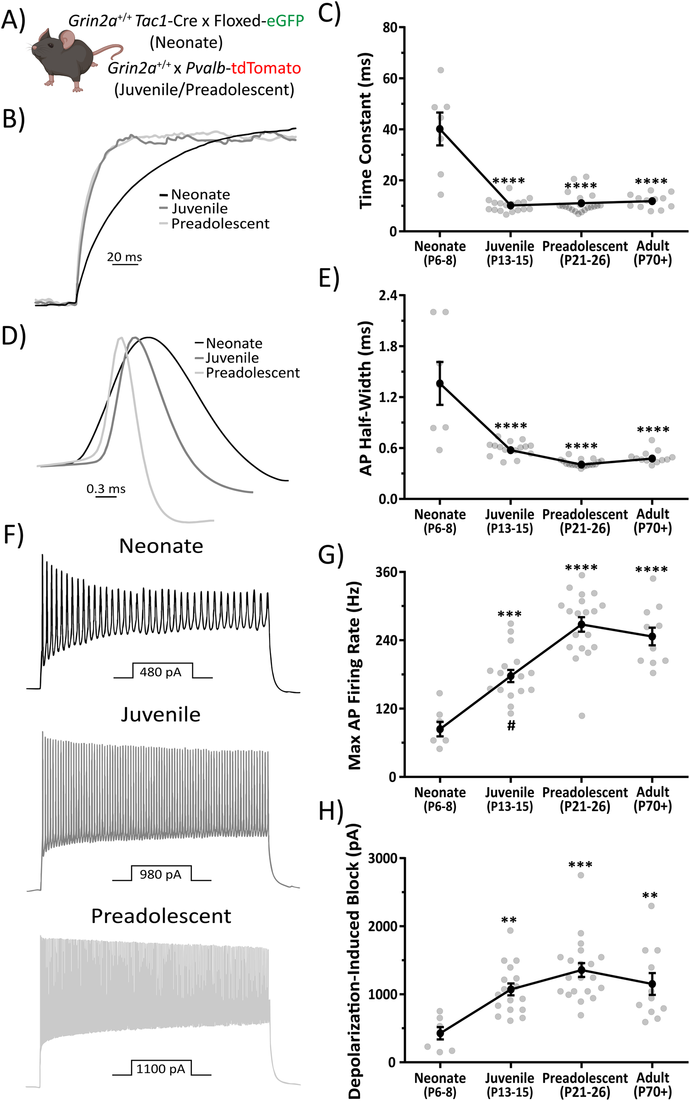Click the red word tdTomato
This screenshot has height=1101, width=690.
point(266,68)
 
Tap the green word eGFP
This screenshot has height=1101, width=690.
point(285,21)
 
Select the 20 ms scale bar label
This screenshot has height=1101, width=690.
point(124,257)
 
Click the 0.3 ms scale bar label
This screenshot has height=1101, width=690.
point(106,489)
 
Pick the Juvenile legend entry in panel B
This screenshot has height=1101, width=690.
point(199,209)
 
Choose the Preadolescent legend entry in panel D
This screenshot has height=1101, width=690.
point(252,373)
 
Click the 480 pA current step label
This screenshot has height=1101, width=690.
point(161,672)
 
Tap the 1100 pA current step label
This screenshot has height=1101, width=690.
point(161,1068)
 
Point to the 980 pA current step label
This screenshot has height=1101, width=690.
point(161,874)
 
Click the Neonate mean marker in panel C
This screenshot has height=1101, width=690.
point(440,129)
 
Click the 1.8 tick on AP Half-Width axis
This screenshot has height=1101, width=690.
point(388,346)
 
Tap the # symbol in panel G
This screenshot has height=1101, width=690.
point(511,726)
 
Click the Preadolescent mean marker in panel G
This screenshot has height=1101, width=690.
point(581,624)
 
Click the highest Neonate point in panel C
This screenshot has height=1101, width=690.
point(441,70)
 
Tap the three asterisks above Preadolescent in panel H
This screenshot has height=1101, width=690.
point(581,865)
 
